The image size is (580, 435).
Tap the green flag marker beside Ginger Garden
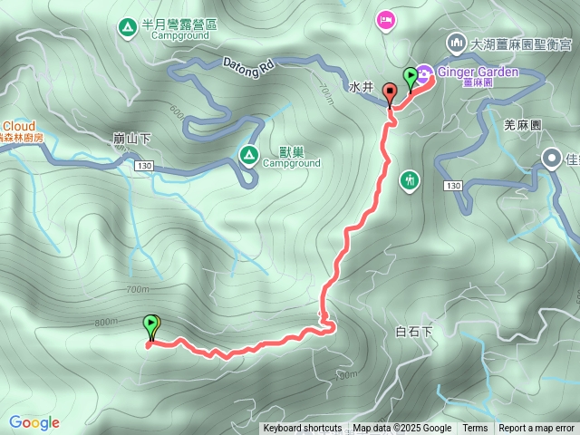click(411, 77)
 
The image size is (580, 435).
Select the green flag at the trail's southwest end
click(150, 324)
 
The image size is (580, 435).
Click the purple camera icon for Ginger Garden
click(424, 71)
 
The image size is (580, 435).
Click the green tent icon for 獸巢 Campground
click(247, 155)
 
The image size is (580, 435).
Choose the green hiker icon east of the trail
click(410, 179)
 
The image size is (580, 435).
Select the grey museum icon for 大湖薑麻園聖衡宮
click(454, 42)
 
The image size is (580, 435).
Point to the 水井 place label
click(361, 87)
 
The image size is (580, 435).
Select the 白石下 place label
click(414, 332)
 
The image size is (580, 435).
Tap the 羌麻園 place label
click(522, 125)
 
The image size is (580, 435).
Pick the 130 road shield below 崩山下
click(144, 167)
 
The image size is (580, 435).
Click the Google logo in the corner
click(34, 422)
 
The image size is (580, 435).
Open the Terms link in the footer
click(475, 429)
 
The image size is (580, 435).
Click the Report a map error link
click(536, 429)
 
